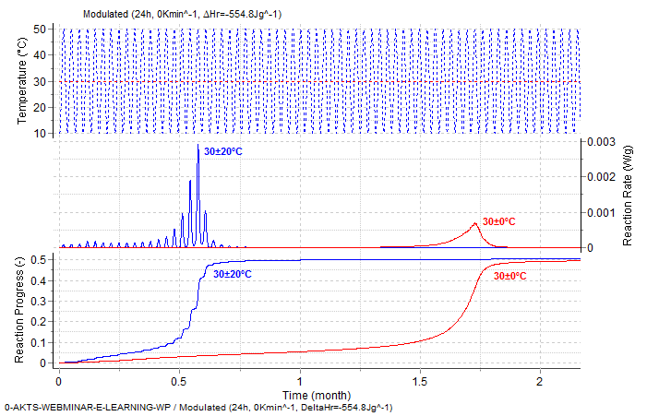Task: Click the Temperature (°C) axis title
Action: click(x=23, y=80)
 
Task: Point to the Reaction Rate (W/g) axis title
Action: click(x=628, y=195)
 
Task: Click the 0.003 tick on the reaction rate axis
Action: click(x=599, y=141)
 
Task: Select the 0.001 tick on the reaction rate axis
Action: click(x=599, y=212)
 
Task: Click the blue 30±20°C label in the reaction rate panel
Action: click(x=222, y=151)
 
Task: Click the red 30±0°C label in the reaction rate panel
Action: click(x=499, y=221)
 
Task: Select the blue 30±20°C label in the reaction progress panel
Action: click(x=232, y=274)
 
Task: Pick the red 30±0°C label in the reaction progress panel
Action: click(x=509, y=276)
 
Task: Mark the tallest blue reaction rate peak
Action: click(x=198, y=147)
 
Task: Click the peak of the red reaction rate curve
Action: click(x=475, y=223)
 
